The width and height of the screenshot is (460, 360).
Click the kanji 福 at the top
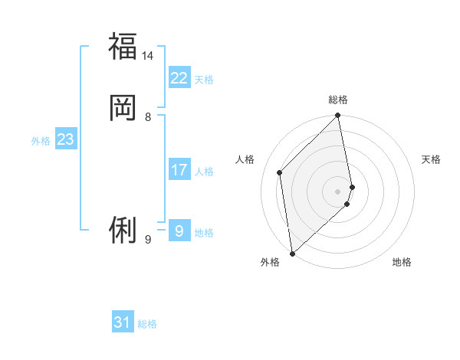tap(123, 46)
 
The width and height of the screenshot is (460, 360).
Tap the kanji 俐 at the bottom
tap(123, 229)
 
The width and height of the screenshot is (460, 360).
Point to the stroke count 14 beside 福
tap(148, 56)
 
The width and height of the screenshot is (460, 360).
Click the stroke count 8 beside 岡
tap(148, 117)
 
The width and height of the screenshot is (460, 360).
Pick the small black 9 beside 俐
tap(148, 240)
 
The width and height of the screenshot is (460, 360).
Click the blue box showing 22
tap(179, 78)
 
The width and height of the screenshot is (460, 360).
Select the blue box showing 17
tap(179, 170)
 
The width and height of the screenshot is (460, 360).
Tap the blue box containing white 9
tap(179, 231)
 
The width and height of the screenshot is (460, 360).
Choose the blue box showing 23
tap(65, 139)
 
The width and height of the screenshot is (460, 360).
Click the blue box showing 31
tap(123, 323)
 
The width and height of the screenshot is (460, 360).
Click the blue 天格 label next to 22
tap(204, 80)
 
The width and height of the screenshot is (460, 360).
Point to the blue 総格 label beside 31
tap(147, 325)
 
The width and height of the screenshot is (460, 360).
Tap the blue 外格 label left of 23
tap(41, 141)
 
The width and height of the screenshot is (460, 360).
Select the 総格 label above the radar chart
tap(338, 100)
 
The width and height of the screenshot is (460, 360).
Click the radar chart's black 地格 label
tap(402, 262)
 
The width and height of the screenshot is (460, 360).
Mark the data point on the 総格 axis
tap(338, 116)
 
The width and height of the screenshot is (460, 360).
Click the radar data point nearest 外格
tap(291, 254)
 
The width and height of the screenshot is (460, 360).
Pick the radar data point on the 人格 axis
tap(280, 172)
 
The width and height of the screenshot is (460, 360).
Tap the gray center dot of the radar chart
tap(338, 191)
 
